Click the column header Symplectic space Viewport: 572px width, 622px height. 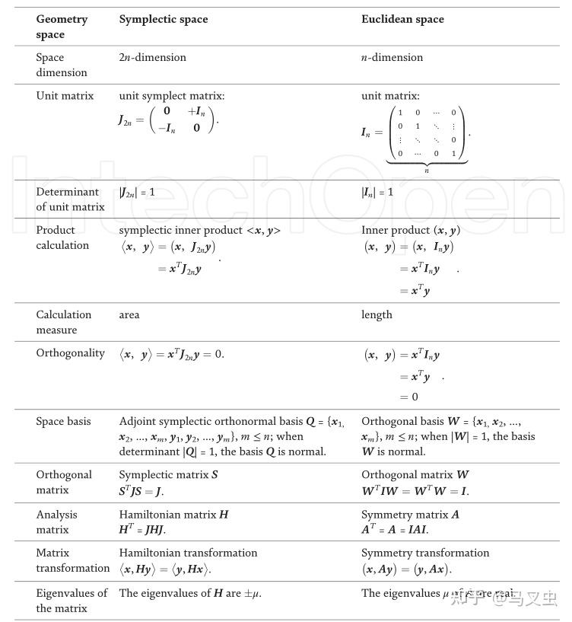coord(164,19)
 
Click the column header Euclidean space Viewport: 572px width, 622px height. coord(402,19)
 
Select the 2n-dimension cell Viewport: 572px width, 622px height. coord(152,57)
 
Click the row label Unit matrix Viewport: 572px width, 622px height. coord(65,96)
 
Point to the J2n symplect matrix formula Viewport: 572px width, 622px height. coord(167,120)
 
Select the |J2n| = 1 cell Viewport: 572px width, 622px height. coord(137,192)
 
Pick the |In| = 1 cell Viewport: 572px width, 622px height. coord(377,192)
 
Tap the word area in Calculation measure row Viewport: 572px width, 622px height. coord(129,314)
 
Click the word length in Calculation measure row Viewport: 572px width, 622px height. coord(377,314)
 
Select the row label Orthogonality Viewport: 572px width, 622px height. coord(70,353)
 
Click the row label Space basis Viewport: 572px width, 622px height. coord(63,421)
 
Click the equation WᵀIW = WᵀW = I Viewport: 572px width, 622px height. coord(415,491)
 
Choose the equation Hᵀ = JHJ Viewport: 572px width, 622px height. coord(142,530)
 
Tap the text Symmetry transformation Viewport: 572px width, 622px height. coord(425,553)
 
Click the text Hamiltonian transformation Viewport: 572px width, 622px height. coord(188,553)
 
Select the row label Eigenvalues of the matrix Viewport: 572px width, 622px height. coord(71,600)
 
